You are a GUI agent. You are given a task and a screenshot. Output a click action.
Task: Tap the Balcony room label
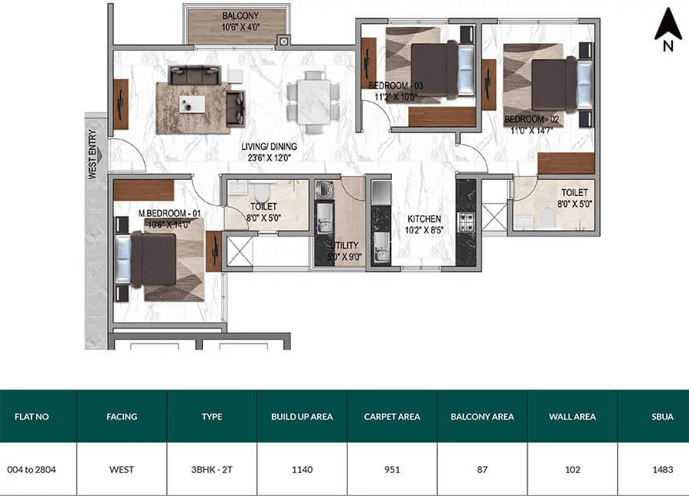pyautogui.click(x=240, y=16)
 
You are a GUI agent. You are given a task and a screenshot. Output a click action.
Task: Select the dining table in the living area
pyautogui.click(x=313, y=102)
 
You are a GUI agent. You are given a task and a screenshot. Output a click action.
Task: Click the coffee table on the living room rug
pyautogui.click(x=192, y=105)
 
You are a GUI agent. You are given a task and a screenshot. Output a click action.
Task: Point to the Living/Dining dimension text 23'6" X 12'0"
pyautogui.click(x=269, y=158)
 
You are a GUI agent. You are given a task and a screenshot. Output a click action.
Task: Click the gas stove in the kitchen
pyautogui.click(x=466, y=222)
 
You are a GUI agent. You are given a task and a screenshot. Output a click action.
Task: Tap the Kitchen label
pyautogui.click(x=424, y=219)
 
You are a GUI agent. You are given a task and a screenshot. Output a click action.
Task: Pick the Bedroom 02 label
pyautogui.click(x=532, y=119)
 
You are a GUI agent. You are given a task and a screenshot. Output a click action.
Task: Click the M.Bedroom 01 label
pyautogui.click(x=170, y=214)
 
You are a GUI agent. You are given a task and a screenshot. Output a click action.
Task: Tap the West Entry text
pyautogui.click(x=93, y=154)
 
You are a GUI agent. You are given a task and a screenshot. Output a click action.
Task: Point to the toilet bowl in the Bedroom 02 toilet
pyautogui.click(x=547, y=218)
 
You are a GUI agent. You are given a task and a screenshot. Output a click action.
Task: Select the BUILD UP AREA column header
pyautogui.click(x=302, y=416)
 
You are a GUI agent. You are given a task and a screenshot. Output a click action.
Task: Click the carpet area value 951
pyautogui.click(x=392, y=470)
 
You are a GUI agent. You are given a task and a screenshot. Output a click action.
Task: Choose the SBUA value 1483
pyautogui.click(x=663, y=470)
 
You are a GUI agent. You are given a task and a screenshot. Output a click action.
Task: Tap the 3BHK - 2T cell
pyautogui.click(x=212, y=470)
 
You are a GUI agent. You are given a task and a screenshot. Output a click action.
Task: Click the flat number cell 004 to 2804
pyautogui.click(x=31, y=470)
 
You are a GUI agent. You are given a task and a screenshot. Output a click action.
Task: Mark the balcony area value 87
pyautogui.click(x=482, y=470)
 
